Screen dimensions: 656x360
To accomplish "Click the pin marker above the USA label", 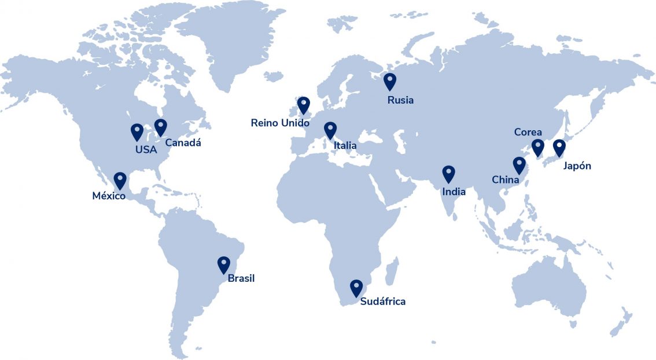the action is tap(137, 131).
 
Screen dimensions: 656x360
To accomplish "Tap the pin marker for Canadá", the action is tap(160, 127).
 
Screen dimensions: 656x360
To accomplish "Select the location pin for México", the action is tap(120, 180).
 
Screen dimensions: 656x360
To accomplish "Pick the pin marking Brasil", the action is tap(223, 264).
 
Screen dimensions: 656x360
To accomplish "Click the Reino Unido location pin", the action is tap(304, 105).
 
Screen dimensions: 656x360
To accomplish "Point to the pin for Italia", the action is tap(330, 130).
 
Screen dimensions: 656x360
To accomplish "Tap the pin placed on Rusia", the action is tap(390, 81).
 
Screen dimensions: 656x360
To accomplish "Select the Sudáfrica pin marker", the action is tap(356, 288).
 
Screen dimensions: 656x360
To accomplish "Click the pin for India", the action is tap(448, 174).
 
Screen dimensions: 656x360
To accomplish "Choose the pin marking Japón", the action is tap(559, 148).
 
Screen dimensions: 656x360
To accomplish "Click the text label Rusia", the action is tap(400, 100).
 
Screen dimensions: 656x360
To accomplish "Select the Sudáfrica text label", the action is tap(382, 302).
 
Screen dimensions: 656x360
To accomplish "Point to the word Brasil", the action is tap(241, 278).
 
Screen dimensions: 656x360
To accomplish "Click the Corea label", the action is tap(528, 133).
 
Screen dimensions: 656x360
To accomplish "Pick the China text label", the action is tap(505, 179).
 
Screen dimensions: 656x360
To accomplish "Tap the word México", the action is tap(109, 196).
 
